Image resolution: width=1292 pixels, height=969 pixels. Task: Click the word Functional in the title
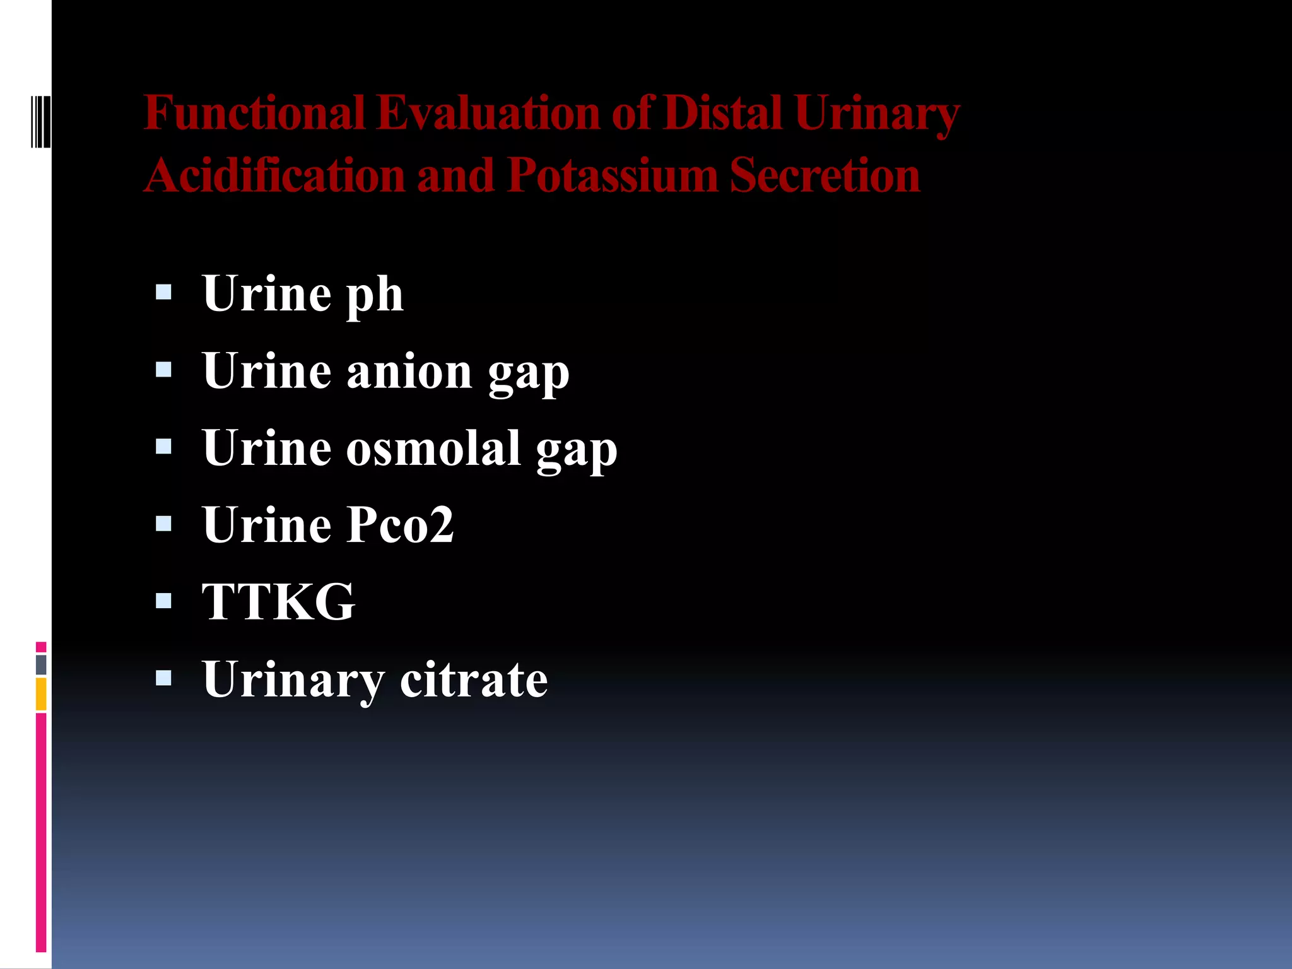(254, 114)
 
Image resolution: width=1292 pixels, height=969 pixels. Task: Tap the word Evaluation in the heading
(488, 114)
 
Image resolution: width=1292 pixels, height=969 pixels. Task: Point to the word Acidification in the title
(275, 175)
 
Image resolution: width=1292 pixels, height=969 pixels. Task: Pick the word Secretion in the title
(825, 175)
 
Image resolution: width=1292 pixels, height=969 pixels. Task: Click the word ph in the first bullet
(375, 295)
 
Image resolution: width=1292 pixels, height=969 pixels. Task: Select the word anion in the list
(409, 372)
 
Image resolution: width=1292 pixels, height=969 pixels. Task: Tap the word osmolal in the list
(433, 449)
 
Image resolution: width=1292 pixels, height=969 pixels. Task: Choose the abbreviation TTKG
(278, 602)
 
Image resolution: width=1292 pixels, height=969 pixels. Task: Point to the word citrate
(474, 679)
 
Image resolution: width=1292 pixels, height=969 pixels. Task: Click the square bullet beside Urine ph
(163, 291)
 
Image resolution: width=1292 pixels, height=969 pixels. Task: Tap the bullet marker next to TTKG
(163, 600)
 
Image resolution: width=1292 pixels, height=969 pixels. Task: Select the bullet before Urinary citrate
(163, 678)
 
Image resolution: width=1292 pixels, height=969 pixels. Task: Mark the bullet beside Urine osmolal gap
(163, 447)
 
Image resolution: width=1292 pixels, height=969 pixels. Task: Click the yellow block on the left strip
(41, 694)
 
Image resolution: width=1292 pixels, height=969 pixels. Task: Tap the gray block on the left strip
(41, 664)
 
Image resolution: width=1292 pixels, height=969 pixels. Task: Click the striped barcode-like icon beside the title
(40, 121)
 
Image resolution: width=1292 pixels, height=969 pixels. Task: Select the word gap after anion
(529, 373)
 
